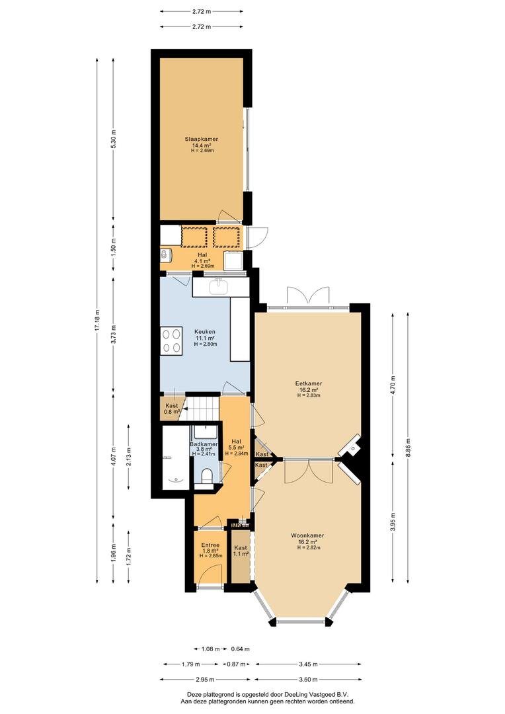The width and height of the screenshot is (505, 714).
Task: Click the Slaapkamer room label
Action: pos(201,139)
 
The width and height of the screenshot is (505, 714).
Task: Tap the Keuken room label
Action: pos(205,332)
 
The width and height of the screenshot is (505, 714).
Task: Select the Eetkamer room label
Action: pos(309,383)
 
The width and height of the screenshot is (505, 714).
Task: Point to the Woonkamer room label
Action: pos(308,535)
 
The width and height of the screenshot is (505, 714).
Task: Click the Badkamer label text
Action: pos(204,444)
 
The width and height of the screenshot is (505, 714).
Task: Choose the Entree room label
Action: pos(210,545)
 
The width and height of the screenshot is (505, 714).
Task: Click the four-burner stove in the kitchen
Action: pos(171,341)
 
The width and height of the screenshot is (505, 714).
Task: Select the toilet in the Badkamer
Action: pos(206,476)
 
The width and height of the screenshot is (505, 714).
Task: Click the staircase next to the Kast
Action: pos(201,410)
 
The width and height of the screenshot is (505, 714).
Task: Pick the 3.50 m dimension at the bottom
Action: pos(308,680)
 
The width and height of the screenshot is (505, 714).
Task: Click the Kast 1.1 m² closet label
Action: pos(241,551)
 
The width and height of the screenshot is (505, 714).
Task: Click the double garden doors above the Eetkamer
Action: pos(308,295)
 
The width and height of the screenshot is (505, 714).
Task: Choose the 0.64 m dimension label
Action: pos(241,649)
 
